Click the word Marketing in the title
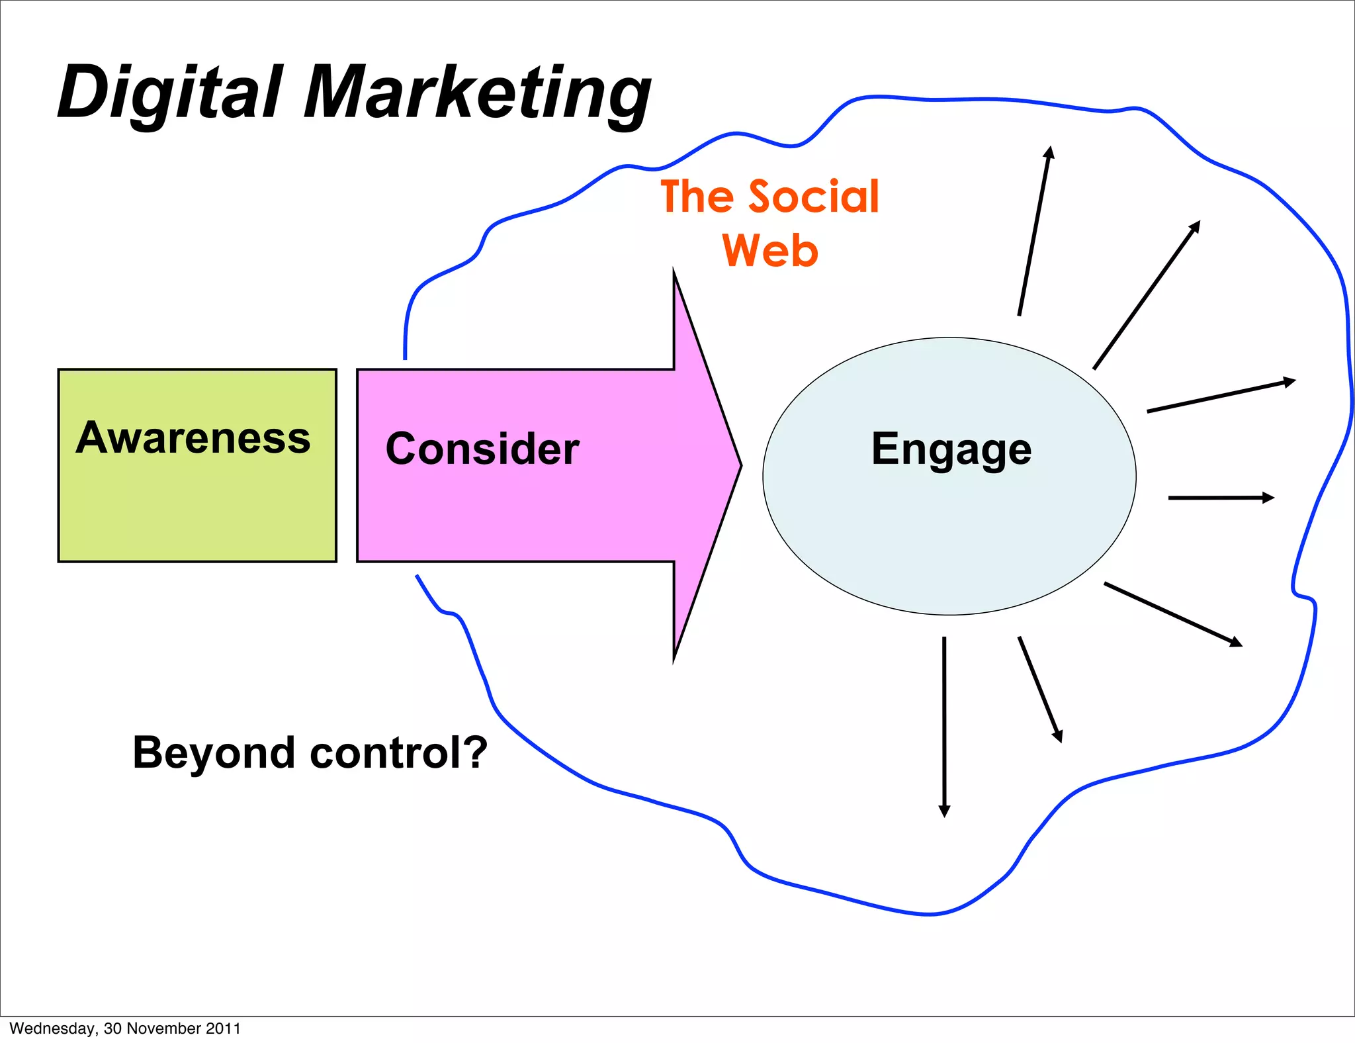click(476, 93)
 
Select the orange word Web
click(770, 251)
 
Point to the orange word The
click(697, 197)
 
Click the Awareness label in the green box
click(193, 438)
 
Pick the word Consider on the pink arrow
click(482, 449)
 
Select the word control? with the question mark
click(398, 752)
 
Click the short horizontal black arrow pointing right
click(1220, 498)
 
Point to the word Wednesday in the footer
click(52, 1028)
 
